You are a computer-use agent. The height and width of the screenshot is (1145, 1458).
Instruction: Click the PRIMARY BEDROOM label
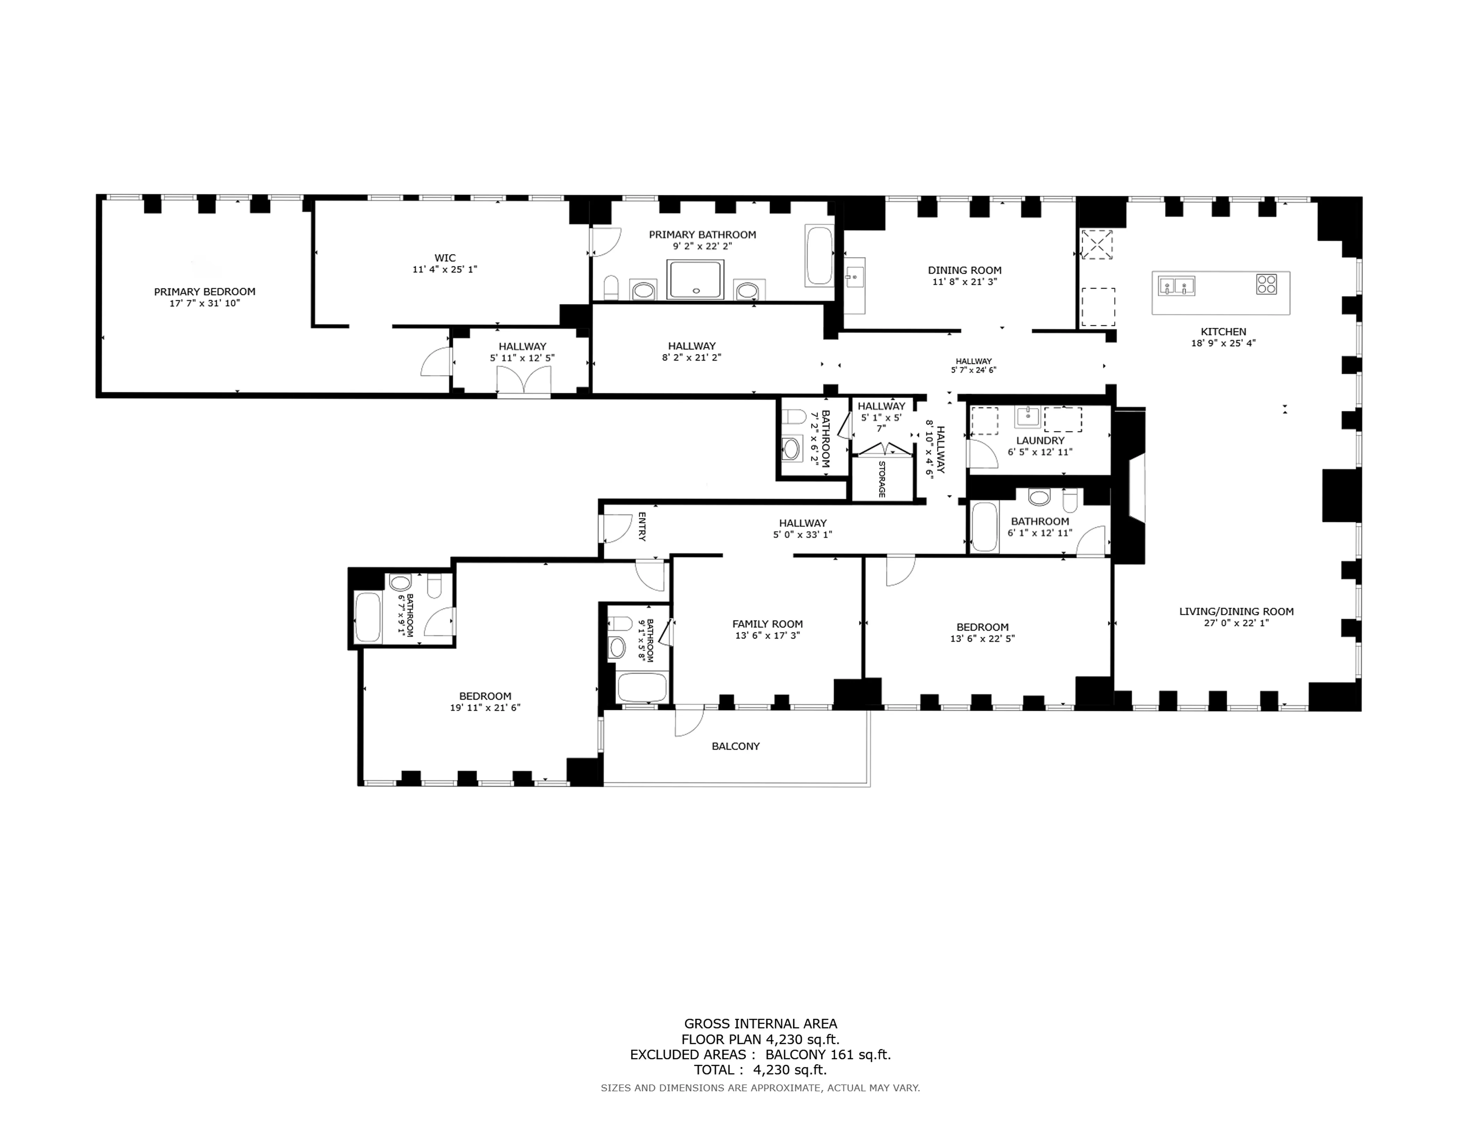tap(204, 291)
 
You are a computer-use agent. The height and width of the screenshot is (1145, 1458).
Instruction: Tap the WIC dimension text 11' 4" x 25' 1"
tap(445, 270)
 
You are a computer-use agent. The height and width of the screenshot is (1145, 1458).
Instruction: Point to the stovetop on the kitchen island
tap(1266, 284)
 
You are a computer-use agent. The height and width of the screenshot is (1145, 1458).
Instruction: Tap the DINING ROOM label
tap(964, 270)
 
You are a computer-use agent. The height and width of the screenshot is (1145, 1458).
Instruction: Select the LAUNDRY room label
tap(1039, 440)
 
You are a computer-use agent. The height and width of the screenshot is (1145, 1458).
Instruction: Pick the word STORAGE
tap(882, 479)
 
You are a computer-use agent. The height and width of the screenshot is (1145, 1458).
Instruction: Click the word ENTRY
tap(642, 526)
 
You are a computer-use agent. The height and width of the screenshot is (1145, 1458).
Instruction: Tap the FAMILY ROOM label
tap(767, 624)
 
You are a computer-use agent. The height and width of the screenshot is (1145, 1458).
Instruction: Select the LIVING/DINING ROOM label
tap(1236, 611)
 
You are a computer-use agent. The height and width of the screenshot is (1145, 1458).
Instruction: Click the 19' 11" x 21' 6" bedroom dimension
tap(485, 707)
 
